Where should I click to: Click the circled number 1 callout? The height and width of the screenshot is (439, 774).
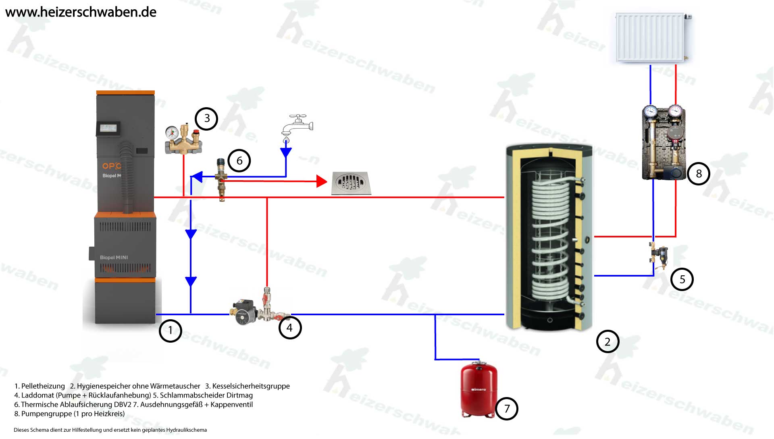170,331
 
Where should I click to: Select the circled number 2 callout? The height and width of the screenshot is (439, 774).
608,342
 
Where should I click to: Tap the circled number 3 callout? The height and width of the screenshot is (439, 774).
206,119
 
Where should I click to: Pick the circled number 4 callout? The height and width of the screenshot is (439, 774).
290,328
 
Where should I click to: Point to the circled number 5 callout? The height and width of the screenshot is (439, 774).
682,279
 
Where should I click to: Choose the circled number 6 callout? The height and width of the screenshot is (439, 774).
239,161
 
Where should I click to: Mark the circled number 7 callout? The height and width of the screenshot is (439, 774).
507,409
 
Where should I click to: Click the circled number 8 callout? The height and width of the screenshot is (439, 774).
699,174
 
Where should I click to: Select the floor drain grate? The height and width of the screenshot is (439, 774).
351,183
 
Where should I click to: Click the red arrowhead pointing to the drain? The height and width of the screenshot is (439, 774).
322,181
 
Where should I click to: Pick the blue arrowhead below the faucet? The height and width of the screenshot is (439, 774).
286,153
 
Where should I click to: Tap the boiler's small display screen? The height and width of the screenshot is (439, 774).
108,129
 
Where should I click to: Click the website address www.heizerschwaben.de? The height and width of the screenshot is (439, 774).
81,12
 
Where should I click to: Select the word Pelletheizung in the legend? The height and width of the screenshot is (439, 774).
43,386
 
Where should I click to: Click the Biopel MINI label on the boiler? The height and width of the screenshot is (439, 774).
114,258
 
